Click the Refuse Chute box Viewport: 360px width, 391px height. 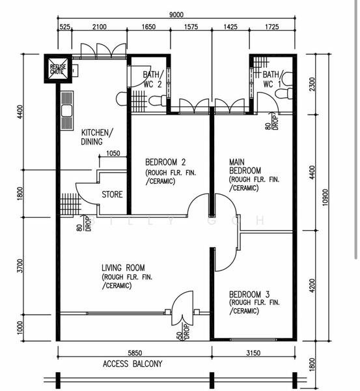click(58, 68)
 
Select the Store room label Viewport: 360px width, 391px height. click(112, 194)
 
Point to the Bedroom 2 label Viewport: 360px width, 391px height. click(165, 162)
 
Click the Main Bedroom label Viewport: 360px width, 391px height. click(245, 166)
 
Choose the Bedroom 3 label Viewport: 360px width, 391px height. click(249, 295)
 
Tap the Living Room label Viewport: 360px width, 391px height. click(123, 268)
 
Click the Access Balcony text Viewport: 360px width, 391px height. click(132, 364)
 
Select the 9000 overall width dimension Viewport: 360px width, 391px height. click(176, 15)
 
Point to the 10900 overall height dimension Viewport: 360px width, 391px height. click(325, 197)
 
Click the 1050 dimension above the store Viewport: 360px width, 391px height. click(113, 153)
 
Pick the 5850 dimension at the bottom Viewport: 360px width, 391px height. click(135, 353)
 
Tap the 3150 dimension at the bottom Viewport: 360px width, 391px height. click(253, 353)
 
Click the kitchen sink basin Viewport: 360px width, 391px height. click(67, 111)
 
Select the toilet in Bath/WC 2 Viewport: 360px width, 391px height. click(158, 101)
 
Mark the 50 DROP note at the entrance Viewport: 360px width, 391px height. click(183, 332)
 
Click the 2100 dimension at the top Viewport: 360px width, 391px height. click(100, 27)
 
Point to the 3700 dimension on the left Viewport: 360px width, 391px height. click(20, 266)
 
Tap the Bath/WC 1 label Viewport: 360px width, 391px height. click(272, 79)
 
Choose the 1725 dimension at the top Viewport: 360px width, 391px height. click(272, 27)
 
